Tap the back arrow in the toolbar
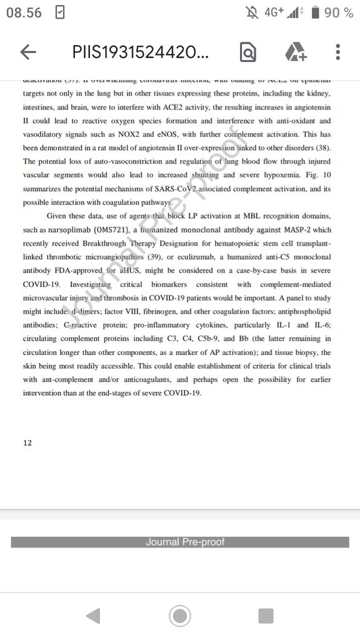tap(28, 52)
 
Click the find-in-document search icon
tap(248, 52)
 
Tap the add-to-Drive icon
tap(296, 52)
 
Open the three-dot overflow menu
tap(337, 52)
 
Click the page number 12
tap(27, 443)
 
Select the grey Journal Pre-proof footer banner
tap(180, 542)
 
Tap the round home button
tap(180, 616)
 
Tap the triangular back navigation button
tap(92, 616)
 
